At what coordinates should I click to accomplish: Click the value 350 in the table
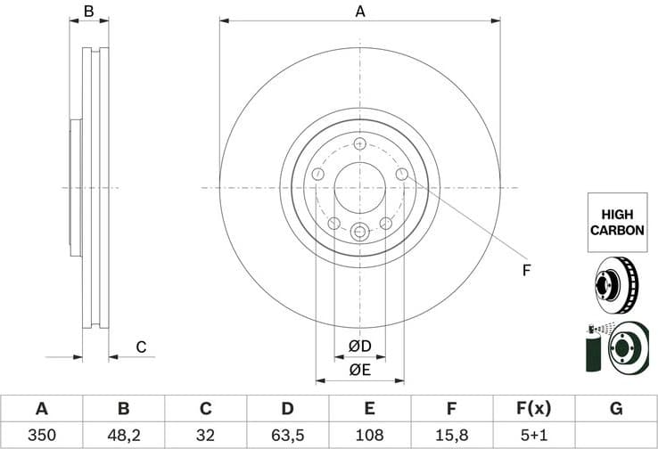pyautogui.click(x=41, y=436)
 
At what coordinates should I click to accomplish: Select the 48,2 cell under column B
pyautogui.click(x=123, y=436)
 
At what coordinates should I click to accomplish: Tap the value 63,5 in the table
pyautogui.click(x=287, y=436)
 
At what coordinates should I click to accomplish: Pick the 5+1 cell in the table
pyautogui.click(x=533, y=436)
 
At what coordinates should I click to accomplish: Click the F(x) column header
pyautogui.click(x=533, y=409)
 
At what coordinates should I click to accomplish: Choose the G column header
pyautogui.click(x=615, y=409)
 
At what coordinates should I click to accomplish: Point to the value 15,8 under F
pyautogui.click(x=451, y=436)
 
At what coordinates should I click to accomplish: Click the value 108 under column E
pyautogui.click(x=369, y=436)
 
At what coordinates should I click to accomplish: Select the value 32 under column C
pyautogui.click(x=205, y=436)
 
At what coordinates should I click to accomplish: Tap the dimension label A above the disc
pyautogui.click(x=360, y=12)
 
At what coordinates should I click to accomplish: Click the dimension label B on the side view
pyautogui.click(x=88, y=12)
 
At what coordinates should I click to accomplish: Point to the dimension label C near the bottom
pyautogui.click(x=140, y=347)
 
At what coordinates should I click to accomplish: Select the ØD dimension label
pyautogui.click(x=359, y=346)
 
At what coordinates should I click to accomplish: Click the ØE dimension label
pyautogui.click(x=359, y=369)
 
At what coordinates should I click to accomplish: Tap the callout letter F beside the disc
pyautogui.click(x=526, y=270)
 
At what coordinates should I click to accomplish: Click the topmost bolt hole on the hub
pyautogui.click(x=359, y=144)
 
